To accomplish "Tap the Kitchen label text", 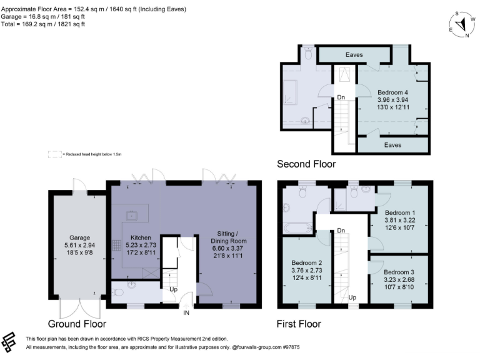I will click(x=141, y=238).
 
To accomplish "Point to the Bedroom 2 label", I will click(x=307, y=262).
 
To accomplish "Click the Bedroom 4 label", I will click(x=392, y=92).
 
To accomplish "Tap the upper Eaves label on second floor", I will click(x=355, y=55).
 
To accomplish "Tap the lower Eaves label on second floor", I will click(x=392, y=145).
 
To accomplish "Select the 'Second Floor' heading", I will click(x=306, y=164).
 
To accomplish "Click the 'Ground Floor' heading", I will click(x=77, y=324).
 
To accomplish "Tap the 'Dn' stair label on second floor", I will click(x=340, y=97).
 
